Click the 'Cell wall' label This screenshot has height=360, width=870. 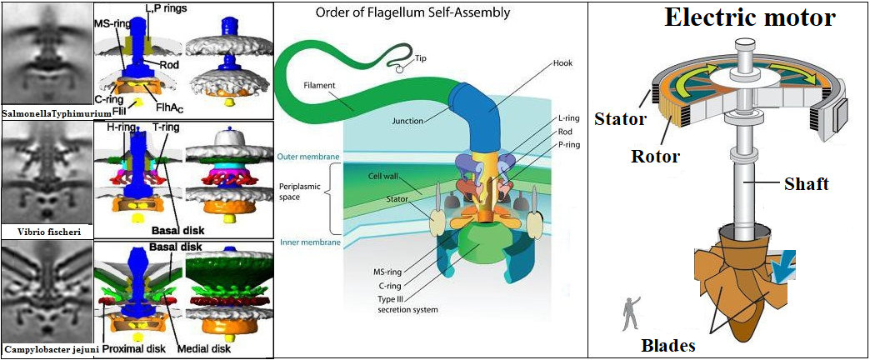click(383, 177)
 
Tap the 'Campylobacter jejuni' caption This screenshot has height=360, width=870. click(47, 349)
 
